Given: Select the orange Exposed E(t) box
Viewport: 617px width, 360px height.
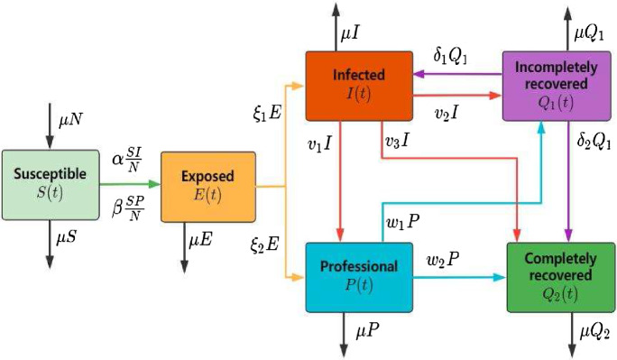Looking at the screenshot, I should (207, 188).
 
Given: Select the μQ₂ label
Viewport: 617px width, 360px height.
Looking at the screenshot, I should (593, 334).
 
